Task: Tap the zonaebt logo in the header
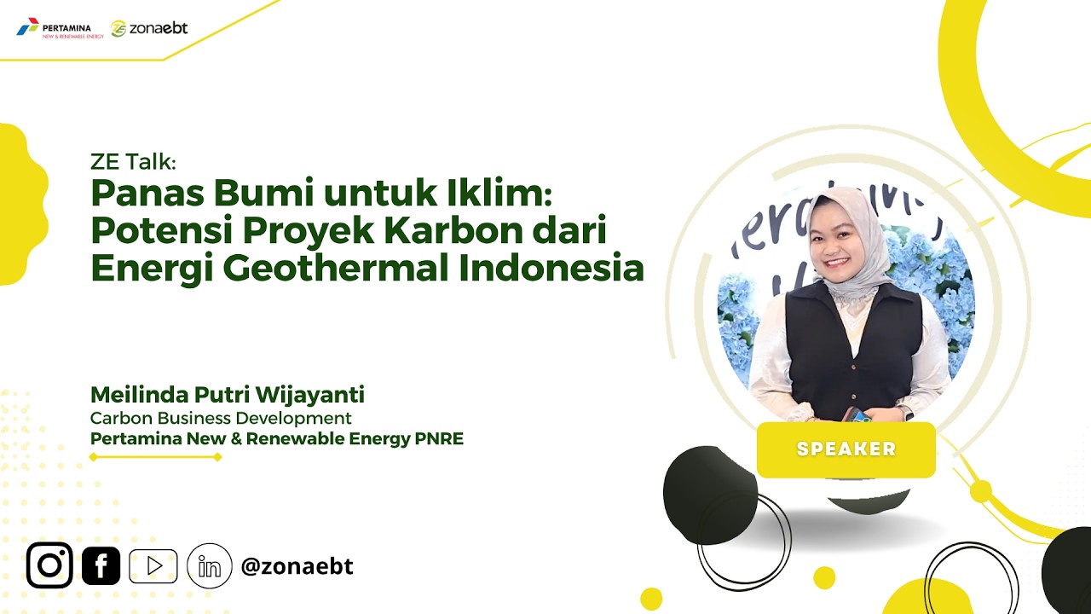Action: point(149,28)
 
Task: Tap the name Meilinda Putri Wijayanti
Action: point(228,395)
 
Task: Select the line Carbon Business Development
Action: point(221,418)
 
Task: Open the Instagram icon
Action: point(49,565)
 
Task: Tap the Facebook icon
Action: point(101,565)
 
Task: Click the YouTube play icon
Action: point(153,566)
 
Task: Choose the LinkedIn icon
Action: point(210,566)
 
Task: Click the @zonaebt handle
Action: point(297,566)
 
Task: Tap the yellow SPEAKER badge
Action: point(846,449)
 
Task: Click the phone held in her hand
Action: point(859,415)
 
